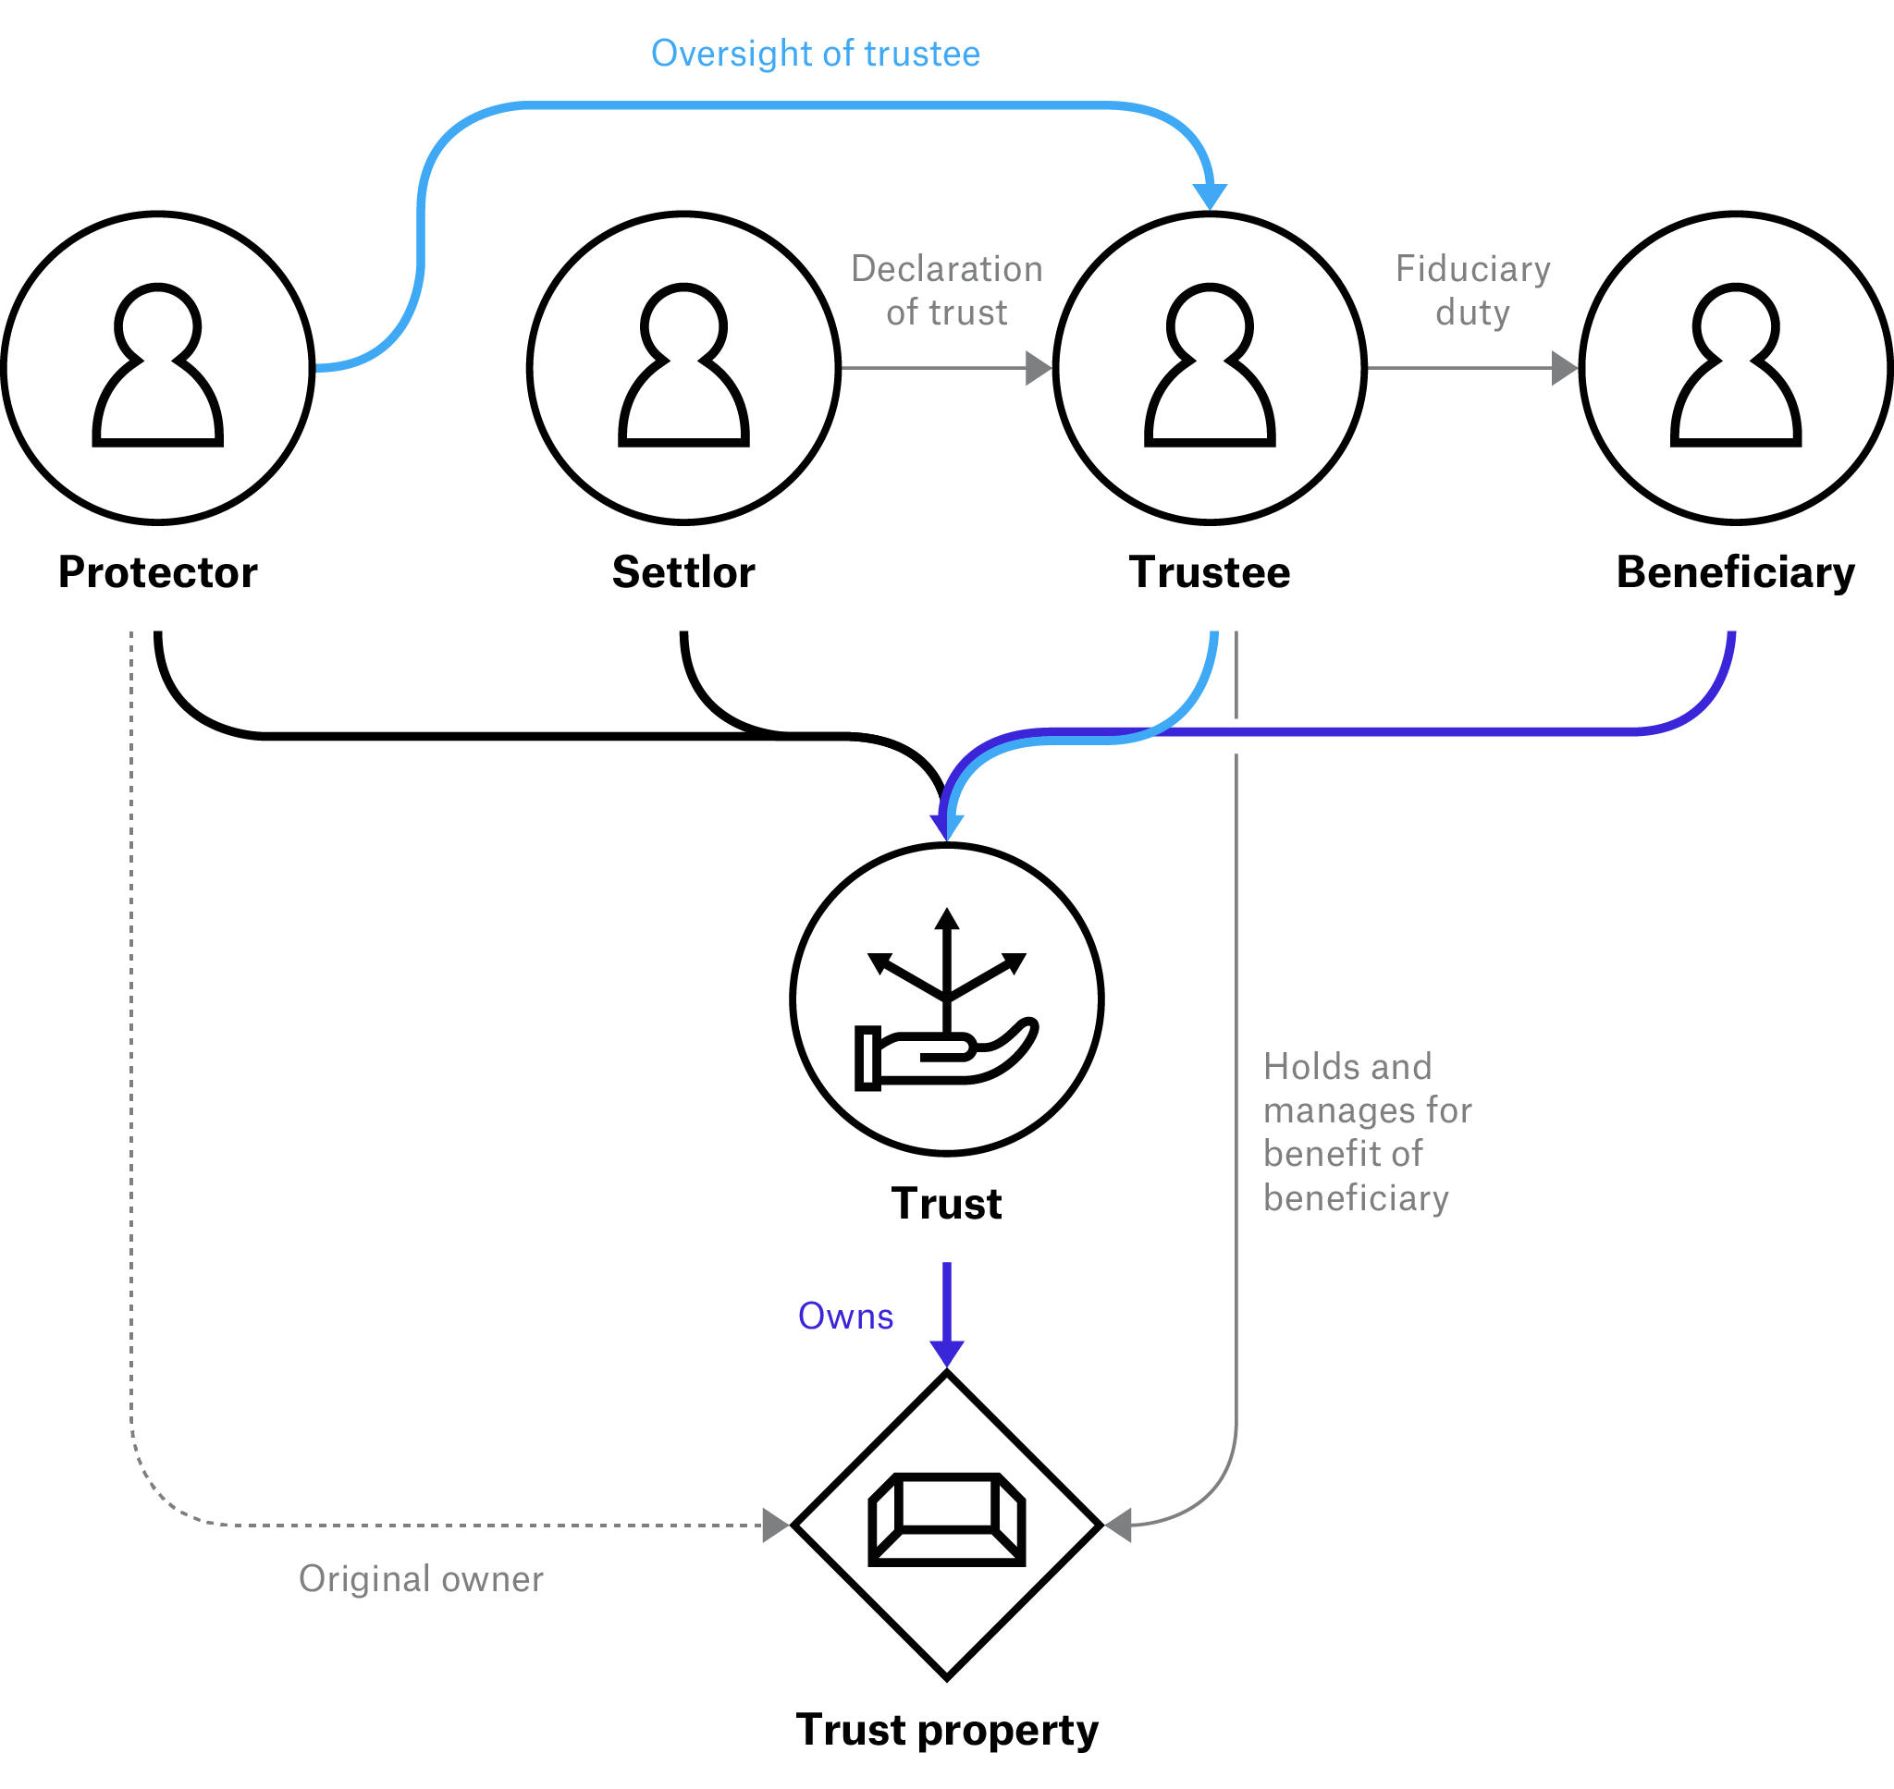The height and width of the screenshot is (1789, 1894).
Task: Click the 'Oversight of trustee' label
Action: click(815, 55)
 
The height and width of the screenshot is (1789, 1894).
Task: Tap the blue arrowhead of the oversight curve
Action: click(1211, 195)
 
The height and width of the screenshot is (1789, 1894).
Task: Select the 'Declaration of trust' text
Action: click(946, 291)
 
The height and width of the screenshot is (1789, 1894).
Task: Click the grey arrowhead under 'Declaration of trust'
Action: click(1038, 368)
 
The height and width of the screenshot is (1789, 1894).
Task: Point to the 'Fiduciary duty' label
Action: click(1472, 291)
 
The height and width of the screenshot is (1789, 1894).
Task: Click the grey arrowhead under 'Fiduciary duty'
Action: click(1564, 368)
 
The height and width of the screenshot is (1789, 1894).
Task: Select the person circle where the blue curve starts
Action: click(157, 368)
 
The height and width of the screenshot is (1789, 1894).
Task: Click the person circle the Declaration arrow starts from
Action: click(683, 368)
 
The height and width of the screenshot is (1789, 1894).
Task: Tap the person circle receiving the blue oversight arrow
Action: click(1210, 368)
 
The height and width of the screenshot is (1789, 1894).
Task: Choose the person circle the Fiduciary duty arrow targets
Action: click(1736, 368)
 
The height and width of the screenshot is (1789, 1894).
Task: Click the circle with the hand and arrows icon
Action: click(946, 999)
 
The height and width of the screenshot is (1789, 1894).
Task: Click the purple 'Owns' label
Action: click(845, 1317)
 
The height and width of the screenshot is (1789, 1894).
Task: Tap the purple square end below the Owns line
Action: click(946, 1354)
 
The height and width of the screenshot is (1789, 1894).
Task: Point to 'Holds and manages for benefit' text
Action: click(1366, 1132)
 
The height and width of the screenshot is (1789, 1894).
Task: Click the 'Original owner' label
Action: click(421, 1580)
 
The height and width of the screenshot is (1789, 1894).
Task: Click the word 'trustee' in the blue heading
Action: click(921, 55)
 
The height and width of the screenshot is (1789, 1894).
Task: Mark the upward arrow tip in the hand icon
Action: click(946, 916)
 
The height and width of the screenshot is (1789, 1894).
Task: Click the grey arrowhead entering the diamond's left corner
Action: click(775, 1525)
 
